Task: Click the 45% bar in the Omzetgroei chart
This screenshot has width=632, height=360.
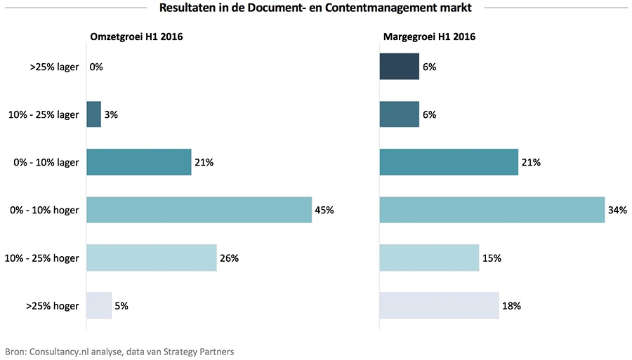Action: point(199,210)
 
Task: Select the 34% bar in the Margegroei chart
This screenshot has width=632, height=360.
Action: point(492,210)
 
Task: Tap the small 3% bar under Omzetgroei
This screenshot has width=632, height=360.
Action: point(93,114)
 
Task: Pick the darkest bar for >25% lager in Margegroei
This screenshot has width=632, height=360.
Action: point(399,67)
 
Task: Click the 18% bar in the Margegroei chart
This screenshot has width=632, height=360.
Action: point(439,305)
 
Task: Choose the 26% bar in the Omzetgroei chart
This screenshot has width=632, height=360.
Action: point(151,258)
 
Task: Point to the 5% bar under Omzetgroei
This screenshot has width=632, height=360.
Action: point(99,305)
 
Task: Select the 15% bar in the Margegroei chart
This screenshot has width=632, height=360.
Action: point(429,258)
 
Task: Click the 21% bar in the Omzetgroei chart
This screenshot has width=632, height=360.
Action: point(138,162)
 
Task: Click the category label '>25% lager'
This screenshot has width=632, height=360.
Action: point(55,67)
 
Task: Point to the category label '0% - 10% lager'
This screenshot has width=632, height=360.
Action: point(47,162)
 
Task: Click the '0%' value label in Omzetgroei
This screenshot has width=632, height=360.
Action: point(96,67)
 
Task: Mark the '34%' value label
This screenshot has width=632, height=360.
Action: point(618,210)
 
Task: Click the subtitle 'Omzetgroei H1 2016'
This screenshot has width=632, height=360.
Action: point(136,37)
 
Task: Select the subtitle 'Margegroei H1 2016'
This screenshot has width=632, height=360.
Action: point(429,37)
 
